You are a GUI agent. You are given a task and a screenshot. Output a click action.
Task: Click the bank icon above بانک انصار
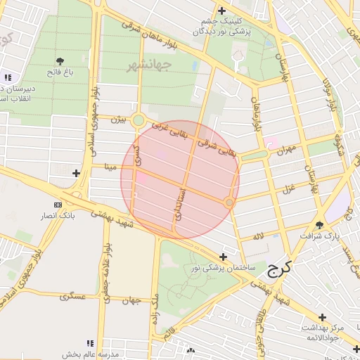click(x=58, y=205)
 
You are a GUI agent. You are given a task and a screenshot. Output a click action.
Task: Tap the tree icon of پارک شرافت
click(x=320, y=225)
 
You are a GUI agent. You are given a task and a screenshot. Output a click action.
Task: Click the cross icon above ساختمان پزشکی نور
click(x=224, y=257)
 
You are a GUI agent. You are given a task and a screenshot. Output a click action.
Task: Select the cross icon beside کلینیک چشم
click(x=222, y=11)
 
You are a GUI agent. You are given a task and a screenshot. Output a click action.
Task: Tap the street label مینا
click(x=109, y=167)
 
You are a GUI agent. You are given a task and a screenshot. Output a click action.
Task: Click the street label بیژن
click(x=120, y=120)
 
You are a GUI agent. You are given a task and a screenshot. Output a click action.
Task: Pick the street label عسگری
click(x=72, y=296)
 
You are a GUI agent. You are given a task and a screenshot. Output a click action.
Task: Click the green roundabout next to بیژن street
click(x=139, y=120)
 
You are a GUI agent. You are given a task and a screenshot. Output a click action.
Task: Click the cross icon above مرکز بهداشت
click(x=323, y=318)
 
